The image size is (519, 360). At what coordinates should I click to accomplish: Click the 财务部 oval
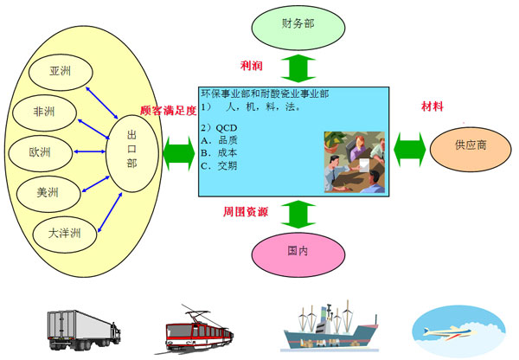click(x=298, y=28)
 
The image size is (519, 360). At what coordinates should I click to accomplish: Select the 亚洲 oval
click(x=61, y=72)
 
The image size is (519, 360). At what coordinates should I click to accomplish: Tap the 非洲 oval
click(x=44, y=113)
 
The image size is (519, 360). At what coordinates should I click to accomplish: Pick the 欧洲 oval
click(x=40, y=153)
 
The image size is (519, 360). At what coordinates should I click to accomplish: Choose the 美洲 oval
click(x=48, y=194)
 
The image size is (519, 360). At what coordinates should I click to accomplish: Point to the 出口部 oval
click(x=132, y=153)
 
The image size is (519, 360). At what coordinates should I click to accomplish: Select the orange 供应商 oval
click(x=471, y=149)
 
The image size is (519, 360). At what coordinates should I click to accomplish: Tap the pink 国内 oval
click(x=298, y=254)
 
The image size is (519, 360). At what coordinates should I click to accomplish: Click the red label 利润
click(x=252, y=66)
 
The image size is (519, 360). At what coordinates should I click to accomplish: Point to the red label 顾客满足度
click(x=169, y=110)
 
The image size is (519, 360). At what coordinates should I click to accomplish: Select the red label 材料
click(x=432, y=106)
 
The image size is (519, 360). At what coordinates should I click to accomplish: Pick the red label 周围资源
click(x=246, y=212)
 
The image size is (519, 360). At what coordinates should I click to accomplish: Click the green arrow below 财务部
click(x=298, y=68)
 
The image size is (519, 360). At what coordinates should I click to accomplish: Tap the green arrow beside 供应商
click(x=410, y=150)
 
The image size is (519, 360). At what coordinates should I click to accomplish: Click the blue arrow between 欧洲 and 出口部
click(x=89, y=151)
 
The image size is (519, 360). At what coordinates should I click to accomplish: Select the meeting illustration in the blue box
click(x=355, y=162)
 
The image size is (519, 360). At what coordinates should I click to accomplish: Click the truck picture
click(x=84, y=331)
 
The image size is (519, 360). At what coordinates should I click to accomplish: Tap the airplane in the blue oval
click(x=451, y=332)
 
